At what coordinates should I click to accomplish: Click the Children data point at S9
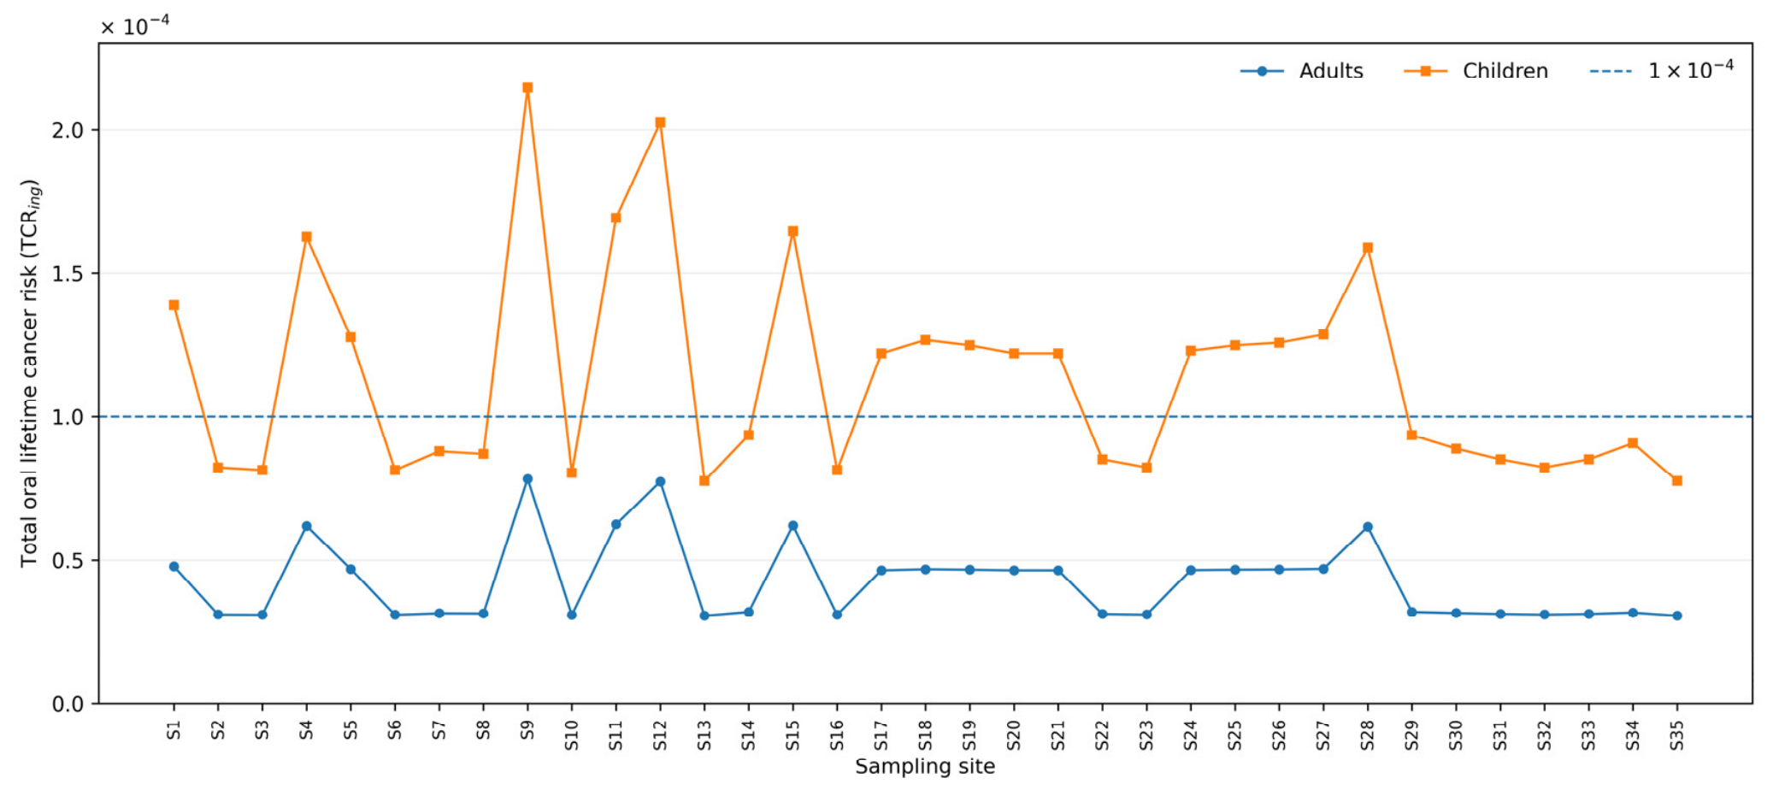click(x=527, y=87)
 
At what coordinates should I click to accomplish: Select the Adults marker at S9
click(x=527, y=479)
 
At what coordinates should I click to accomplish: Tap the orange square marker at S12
click(x=660, y=122)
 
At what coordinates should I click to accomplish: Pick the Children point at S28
click(x=1368, y=248)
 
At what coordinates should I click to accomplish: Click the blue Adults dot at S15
click(x=792, y=526)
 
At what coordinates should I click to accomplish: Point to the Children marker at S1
click(x=174, y=304)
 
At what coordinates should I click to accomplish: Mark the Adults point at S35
click(x=1677, y=616)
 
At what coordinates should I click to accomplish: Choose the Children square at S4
click(x=306, y=237)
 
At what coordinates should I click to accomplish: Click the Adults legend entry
click(x=1302, y=71)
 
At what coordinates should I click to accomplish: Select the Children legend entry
click(x=1476, y=71)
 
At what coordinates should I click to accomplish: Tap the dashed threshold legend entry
click(x=1662, y=70)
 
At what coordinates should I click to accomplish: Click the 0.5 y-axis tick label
click(x=68, y=561)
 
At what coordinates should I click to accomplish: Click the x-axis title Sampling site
click(x=925, y=766)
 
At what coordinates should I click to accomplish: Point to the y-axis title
click(x=30, y=373)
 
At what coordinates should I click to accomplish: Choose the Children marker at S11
click(x=616, y=217)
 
